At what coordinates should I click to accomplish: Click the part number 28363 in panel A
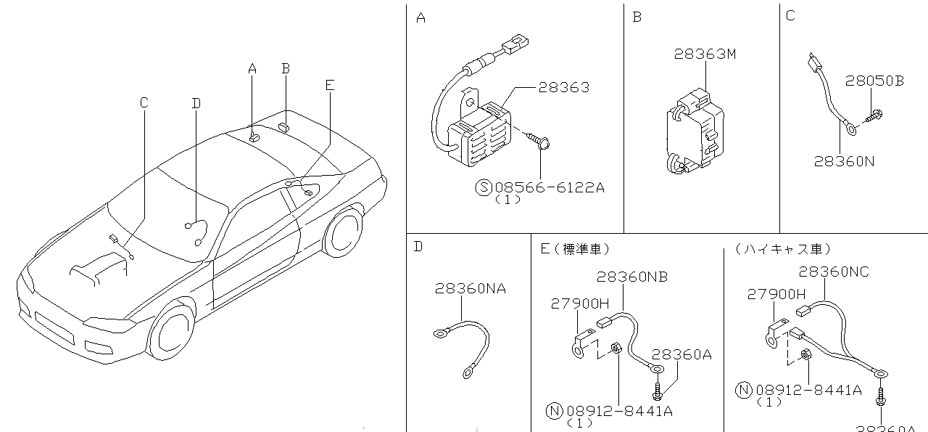click(563, 87)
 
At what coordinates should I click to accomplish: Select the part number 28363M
click(705, 54)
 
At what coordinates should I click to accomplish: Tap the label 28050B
click(874, 81)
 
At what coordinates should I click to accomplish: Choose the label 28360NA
click(471, 289)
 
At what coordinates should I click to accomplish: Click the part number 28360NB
click(632, 277)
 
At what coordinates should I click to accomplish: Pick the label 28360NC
click(834, 272)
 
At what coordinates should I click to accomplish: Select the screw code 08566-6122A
click(549, 187)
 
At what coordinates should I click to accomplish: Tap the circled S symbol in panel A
click(484, 187)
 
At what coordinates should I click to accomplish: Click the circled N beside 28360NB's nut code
click(553, 411)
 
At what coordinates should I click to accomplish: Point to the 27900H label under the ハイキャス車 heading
click(776, 294)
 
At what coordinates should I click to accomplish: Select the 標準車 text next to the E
click(581, 249)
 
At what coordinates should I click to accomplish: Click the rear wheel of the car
click(342, 232)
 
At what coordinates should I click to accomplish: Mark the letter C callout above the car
click(144, 103)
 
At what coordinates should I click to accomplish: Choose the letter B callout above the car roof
click(286, 68)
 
